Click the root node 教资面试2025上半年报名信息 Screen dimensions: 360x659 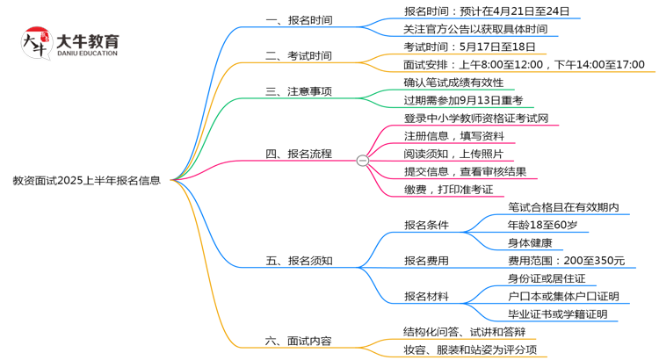[86, 181]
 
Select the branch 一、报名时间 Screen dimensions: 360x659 [299, 19]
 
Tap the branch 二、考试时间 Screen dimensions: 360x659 [299, 56]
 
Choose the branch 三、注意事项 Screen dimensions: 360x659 [299, 91]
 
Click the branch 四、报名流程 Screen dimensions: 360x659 [299, 154]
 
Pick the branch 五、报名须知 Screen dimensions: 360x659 [299, 260]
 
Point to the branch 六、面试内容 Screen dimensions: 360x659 [299, 341]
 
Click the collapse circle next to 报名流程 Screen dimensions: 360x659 [362, 160]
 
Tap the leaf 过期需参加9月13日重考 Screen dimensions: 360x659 [463, 100]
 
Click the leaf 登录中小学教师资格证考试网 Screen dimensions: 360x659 [476, 118]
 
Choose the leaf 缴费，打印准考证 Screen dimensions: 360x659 [448, 189]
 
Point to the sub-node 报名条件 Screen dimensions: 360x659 [426, 225]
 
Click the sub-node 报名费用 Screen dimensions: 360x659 [426, 260]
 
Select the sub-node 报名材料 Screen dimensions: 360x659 [426, 296]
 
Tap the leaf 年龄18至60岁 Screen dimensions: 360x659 [542, 225]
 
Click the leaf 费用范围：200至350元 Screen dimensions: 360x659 [566, 260]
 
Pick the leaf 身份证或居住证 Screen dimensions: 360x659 [547, 278]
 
